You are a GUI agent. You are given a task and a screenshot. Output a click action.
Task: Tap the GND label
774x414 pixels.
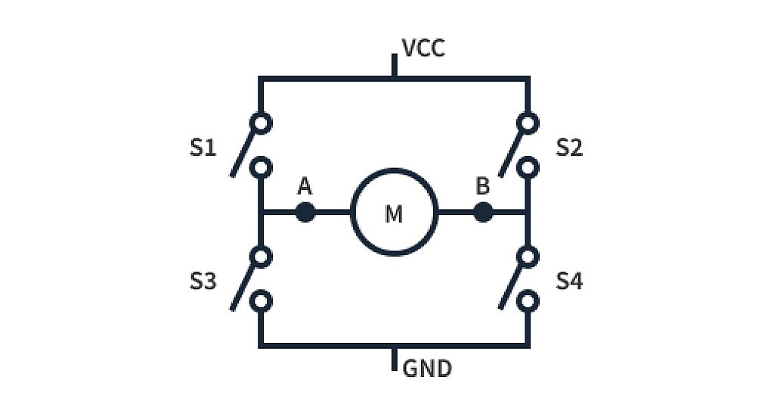[427, 369]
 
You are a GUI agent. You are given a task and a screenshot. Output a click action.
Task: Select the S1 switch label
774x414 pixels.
[203, 148]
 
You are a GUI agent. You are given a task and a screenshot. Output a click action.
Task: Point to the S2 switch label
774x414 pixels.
[569, 148]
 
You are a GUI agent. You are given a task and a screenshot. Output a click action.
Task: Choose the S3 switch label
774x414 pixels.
[203, 282]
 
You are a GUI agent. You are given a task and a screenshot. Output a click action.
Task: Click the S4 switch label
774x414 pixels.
[569, 282]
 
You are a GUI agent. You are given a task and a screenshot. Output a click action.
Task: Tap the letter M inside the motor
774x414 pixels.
[394, 214]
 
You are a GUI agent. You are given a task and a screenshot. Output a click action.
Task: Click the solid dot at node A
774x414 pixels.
[305, 213]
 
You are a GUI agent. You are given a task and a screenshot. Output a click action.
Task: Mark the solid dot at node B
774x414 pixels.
[483, 213]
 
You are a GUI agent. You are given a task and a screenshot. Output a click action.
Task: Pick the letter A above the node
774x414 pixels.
[305, 186]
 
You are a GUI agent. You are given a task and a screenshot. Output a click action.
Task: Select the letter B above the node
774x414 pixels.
[482, 186]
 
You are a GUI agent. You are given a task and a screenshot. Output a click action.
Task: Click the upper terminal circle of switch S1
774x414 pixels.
[261, 123]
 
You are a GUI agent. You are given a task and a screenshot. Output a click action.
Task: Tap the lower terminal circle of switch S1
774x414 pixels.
[261, 167]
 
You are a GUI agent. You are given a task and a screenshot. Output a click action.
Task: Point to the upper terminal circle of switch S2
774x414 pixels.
[528, 123]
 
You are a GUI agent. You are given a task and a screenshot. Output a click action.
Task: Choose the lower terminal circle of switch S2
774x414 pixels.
[528, 167]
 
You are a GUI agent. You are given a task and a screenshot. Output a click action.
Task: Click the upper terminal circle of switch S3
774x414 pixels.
[261, 257]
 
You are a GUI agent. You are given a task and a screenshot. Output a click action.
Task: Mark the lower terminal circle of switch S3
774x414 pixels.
[261, 301]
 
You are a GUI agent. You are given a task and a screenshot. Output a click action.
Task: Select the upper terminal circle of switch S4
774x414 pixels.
[528, 257]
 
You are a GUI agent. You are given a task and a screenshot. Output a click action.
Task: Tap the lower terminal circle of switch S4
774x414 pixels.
[528, 301]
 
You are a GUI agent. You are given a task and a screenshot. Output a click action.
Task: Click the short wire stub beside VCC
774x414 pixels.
[394, 66]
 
